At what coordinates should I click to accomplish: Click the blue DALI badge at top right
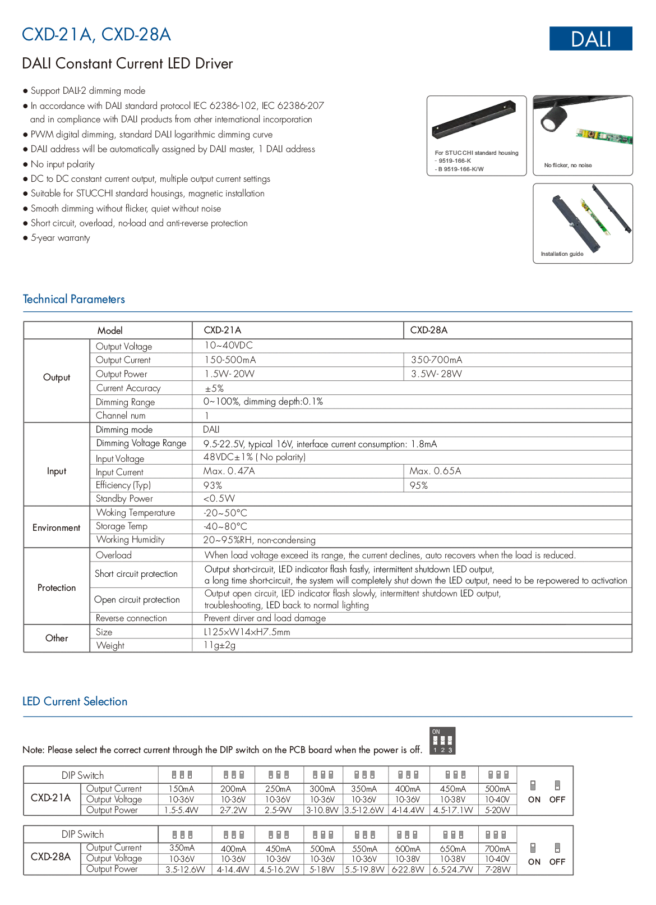pos(590,39)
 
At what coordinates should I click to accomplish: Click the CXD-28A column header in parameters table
pos(428,330)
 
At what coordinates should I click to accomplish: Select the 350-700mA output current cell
pos(436,360)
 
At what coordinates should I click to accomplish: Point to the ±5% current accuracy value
pos(214,388)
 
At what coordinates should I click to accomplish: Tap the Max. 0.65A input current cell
pos(435,471)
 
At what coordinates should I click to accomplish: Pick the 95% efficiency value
pos(418,485)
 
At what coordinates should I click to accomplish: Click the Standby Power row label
pos(124,499)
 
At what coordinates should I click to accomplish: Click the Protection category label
pos(57,587)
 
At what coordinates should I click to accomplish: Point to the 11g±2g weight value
pos(219,645)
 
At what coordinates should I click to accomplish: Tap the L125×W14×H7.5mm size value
pos(247,632)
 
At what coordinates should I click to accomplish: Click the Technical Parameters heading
pos(73,299)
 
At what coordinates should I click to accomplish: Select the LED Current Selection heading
pos(75,701)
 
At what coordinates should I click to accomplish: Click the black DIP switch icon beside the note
pos(442,741)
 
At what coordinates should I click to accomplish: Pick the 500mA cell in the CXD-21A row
pos(497,789)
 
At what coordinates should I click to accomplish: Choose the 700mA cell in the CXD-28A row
pos(497,849)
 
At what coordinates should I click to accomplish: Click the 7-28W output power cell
pos(497,869)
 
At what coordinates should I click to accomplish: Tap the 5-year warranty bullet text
pos(60,238)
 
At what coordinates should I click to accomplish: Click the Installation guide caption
pos(562,254)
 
